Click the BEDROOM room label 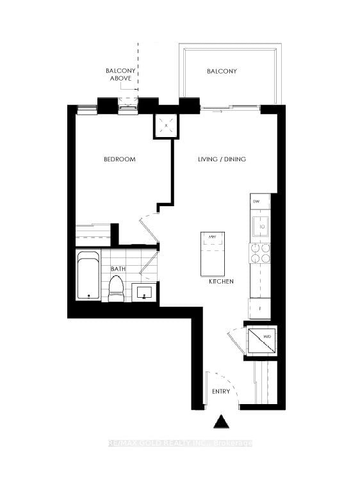pos(120,159)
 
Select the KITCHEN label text pos(221,282)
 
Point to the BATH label pos(117,270)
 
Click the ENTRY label pos(221,391)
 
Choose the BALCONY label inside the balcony pos(222,71)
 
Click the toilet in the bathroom pos(116,289)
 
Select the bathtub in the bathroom pos(88,276)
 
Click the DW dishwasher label pos(256,202)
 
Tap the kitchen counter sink pos(261,225)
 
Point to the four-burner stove pos(259,254)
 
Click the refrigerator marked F pos(259,308)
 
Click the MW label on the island pos(211,236)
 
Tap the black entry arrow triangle pos(221,423)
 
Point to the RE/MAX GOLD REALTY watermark pos(180,443)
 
